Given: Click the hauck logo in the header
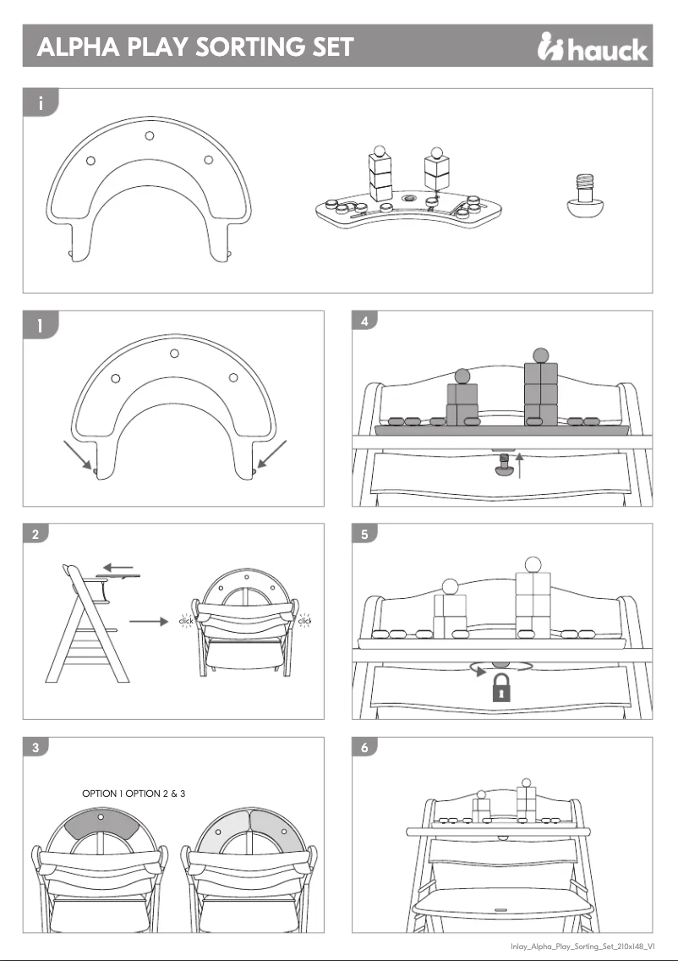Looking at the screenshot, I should pyautogui.click(x=593, y=48).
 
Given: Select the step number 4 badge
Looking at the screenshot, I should pyautogui.click(x=364, y=321).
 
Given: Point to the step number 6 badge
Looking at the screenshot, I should pyautogui.click(x=364, y=748).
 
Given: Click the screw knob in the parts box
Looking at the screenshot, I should pyautogui.click(x=582, y=200).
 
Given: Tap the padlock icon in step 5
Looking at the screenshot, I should pyautogui.click(x=503, y=689).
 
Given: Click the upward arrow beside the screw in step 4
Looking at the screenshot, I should pyautogui.click(x=520, y=464).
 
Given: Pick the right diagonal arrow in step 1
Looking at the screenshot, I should pyautogui.click(x=273, y=455).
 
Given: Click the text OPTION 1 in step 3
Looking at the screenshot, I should pyautogui.click(x=102, y=794).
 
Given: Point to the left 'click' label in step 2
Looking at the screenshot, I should pyautogui.click(x=186, y=622).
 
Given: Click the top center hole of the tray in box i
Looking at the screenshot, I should pyautogui.click(x=149, y=135).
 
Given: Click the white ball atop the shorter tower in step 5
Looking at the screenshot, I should pyautogui.click(x=450, y=585).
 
